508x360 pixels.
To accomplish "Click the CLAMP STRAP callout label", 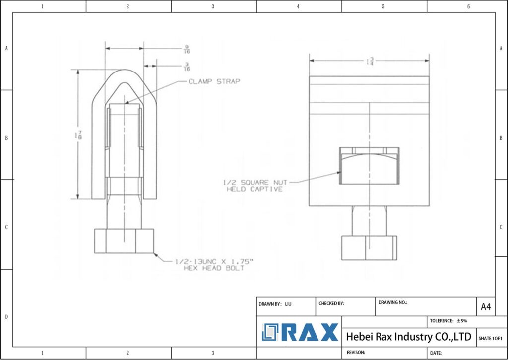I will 214,81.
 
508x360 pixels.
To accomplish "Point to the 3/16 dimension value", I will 187,67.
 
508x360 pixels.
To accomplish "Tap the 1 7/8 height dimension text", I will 79,135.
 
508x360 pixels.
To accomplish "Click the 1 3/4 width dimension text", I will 370,61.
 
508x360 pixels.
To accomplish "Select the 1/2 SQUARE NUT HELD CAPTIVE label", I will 254,186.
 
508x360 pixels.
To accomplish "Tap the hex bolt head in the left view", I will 124,241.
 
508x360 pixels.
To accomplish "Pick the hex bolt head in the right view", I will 369,247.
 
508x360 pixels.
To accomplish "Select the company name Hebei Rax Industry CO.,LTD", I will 408,337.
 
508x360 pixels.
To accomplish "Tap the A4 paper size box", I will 486,307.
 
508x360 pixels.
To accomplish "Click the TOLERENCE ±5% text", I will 448,321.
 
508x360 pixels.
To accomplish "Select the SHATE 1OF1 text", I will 490,338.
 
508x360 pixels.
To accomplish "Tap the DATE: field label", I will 436,353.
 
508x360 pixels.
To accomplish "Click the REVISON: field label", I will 356,352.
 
